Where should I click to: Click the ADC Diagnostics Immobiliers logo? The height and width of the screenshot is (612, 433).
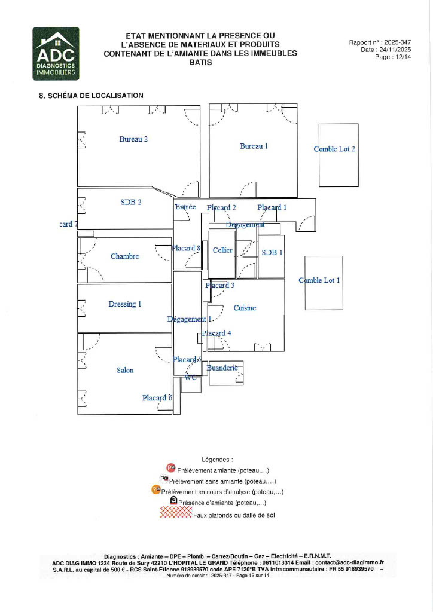[56, 54]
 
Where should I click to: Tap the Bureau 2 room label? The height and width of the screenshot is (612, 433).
[133, 139]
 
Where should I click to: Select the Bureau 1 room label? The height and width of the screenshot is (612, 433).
[254, 146]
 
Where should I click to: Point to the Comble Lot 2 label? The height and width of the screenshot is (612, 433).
[334, 149]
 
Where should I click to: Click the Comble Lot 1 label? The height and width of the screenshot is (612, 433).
[319, 280]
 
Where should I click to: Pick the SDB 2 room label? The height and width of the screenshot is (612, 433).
[131, 202]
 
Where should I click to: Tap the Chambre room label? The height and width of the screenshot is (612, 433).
[125, 256]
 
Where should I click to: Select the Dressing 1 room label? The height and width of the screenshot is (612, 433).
[125, 304]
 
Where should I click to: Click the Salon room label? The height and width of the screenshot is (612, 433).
[125, 371]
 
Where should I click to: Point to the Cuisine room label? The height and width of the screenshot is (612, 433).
[245, 308]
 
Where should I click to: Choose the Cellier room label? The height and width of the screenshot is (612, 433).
[222, 250]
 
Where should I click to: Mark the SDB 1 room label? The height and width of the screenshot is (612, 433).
[272, 253]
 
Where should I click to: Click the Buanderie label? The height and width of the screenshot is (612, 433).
[222, 368]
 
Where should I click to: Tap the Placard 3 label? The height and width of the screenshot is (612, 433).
[220, 286]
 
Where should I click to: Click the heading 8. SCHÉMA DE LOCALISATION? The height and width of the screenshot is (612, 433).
[91, 96]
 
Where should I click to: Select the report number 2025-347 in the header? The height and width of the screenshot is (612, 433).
[398, 42]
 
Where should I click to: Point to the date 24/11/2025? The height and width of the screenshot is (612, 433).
[395, 50]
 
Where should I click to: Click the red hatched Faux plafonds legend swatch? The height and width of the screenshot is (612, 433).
[176, 513]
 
